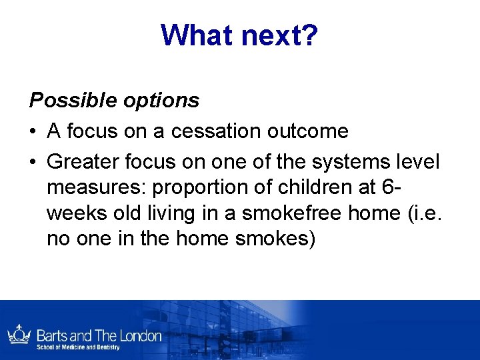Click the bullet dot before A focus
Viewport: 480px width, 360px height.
[x=33, y=131]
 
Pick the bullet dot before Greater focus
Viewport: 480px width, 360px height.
[x=33, y=162]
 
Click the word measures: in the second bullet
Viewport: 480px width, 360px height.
[x=97, y=189]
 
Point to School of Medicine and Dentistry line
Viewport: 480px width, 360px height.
[x=78, y=347]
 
